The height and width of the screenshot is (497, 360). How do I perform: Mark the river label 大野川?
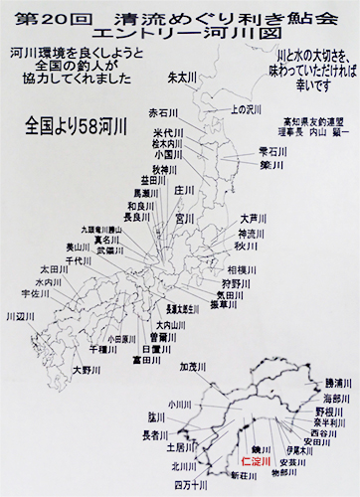[90, 370]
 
